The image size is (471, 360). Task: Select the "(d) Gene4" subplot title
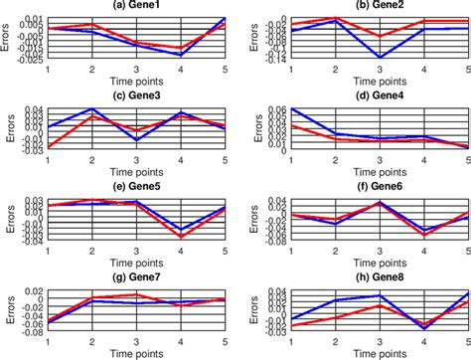click(379, 95)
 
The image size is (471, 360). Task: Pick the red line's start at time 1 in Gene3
click(48, 147)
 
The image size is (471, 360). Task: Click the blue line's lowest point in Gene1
click(180, 55)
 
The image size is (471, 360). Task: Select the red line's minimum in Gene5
click(180, 237)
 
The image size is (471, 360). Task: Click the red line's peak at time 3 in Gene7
click(136, 294)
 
